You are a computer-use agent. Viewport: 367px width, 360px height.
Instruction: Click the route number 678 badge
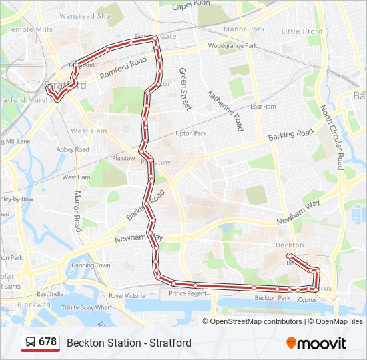(x=40, y=343)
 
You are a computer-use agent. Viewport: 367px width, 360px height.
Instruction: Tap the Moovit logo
(x=316, y=343)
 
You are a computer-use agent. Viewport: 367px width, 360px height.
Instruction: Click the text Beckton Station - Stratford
(x=129, y=343)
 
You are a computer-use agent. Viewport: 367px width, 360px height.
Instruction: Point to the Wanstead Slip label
(x=85, y=15)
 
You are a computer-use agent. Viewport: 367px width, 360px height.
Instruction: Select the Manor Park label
(x=244, y=29)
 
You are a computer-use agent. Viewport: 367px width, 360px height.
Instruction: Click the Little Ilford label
(x=302, y=31)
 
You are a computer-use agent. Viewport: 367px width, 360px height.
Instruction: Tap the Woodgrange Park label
(x=232, y=46)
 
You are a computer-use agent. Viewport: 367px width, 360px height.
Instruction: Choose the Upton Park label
(x=190, y=133)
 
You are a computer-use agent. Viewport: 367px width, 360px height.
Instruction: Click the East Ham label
(x=263, y=107)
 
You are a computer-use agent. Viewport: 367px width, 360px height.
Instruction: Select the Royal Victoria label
(x=127, y=295)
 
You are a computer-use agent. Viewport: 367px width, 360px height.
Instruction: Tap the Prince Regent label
(x=188, y=293)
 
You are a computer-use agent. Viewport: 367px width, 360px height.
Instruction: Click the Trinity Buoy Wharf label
(x=86, y=307)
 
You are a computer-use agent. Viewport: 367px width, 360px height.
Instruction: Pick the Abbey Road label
(x=72, y=150)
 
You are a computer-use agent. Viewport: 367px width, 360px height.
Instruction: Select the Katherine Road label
(x=225, y=110)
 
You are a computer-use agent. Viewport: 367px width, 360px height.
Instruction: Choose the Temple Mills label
(x=29, y=29)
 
